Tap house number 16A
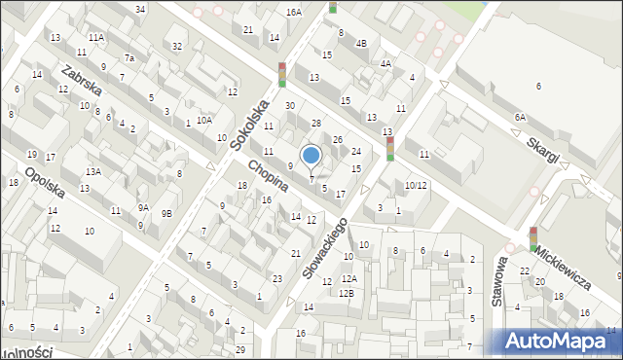point(294,13)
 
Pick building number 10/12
point(416,185)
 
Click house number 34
point(141,9)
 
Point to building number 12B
point(347,293)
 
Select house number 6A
point(521,117)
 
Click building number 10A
point(203,120)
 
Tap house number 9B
point(166,213)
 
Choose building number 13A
point(92,171)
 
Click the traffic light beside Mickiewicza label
point(533,239)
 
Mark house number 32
point(176,46)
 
